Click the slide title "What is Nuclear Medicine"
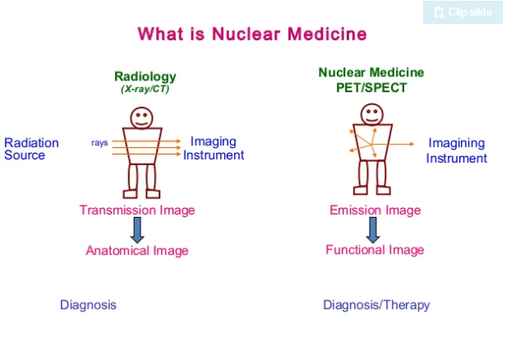pyautogui.click(x=251, y=35)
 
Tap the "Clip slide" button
pyautogui.click(x=462, y=12)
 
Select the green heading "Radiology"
pyautogui.click(x=145, y=77)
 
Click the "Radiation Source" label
pyautogui.click(x=32, y=149)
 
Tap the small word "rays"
pyautogui.click(x=99, y=143)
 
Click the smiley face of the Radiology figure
pyautogui.click(x=142, y=113)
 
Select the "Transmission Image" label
pyautogui.click(x=137, y=210)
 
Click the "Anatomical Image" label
pyautogui.click(x=137, y=251)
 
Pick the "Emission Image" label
pyautogui.click(x=375, y=210)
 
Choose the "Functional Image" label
pyautogui.click(x=375, y=250)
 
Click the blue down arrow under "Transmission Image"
pyautogui.click(x=137, y=229)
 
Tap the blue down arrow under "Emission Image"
pyautogui.click(x=373, y=229)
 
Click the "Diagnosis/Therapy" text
pyautogui.click(x=376, y=305)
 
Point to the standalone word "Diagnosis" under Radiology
pyautogui.click(x=88, y=305)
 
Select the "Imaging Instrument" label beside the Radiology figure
pyautogui.click(x=214, y=149)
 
